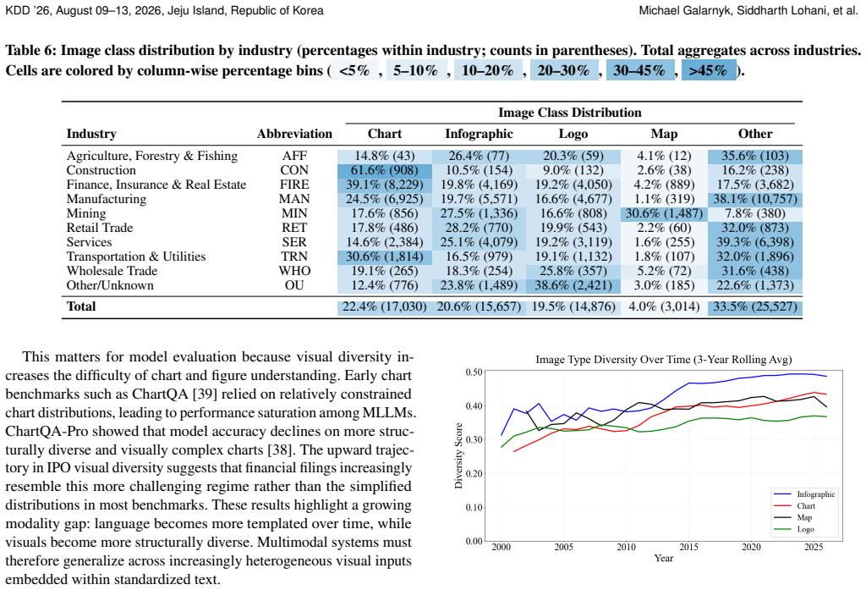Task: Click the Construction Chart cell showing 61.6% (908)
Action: point(385,170)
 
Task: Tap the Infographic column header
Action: point(479,134)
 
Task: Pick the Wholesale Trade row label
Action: point(112,271)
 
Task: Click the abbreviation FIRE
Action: point(294,185)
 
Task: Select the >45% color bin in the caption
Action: point(709,71)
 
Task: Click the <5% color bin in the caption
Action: point(354,71)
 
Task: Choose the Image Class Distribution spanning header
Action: point(570,113)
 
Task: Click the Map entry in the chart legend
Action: point(804,517)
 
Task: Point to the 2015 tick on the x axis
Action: point(688,547)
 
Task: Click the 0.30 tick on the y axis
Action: point(474,440)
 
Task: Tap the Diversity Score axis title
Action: point(458,455)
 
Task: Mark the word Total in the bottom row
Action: point(81,306)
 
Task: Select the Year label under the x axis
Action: point(663,558)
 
